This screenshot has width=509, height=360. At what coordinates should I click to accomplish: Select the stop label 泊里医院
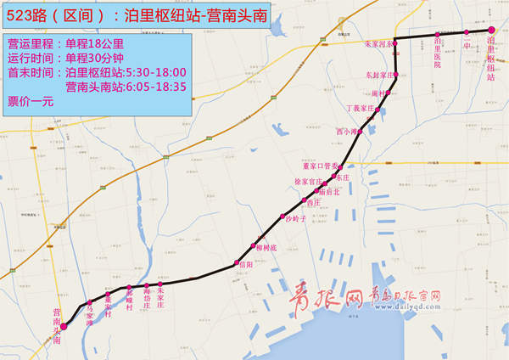point(438,52)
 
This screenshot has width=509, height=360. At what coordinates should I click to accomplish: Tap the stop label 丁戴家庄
point(361,109)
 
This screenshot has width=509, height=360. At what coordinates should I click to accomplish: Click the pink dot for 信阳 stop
point(232,266)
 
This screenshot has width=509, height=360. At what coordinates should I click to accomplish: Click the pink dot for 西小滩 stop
point(362,132)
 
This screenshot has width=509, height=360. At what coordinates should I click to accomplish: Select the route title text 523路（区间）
point(55,14)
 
